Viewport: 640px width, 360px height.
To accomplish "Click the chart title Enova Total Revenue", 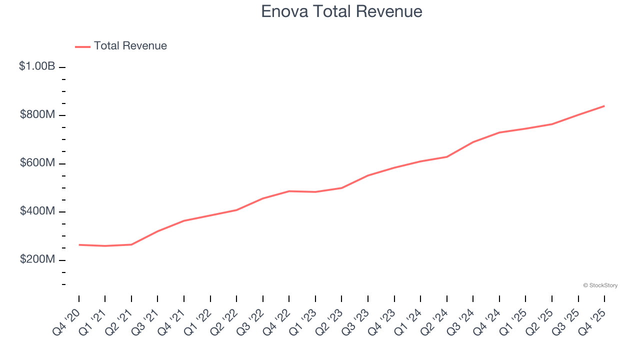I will pos(341,11).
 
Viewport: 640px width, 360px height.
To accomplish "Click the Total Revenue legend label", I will pos(130,46).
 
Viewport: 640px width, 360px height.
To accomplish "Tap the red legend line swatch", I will pos(82,46).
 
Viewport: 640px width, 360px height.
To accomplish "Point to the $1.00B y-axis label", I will pos(37,66).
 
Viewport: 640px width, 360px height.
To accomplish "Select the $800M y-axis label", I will pos(37,114).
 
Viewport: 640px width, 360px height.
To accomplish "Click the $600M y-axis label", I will pos(37,163).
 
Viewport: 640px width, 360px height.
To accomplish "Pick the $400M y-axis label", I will pos(37,211).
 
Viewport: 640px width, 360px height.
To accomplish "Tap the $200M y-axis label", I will pos(37,259).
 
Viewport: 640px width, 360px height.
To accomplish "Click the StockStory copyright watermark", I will pos(600,285).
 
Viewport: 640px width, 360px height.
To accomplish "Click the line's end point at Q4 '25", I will pos(604,106).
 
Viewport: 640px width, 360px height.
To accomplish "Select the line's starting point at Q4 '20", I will pos(79,245).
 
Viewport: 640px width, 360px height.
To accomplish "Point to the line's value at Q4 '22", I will pos(289,191).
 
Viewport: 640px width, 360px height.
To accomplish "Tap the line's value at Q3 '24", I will pos(473,142).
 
